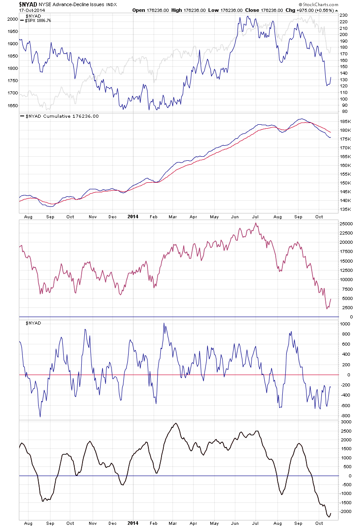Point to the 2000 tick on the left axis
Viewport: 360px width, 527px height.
pyautogui.click(x=12, y=19)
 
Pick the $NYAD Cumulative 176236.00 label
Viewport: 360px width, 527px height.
pyautogui.click(x=61, y=116)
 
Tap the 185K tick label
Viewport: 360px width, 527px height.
pyautogui.click(x=345, y=121)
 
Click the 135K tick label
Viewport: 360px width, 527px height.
pyautogui.click(x=345, y=209)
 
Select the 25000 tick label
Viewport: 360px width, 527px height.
pyautogui.click(x=346, y=224)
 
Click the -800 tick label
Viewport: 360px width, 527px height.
pyautogui.click(x=345, y=415)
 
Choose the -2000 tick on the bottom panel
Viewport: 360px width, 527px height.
pyautogui.click(x=346, y=511)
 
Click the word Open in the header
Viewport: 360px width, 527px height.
pyautogui.click(x=139, y=10)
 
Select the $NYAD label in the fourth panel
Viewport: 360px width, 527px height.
pyautogui.click(x=34, y=323)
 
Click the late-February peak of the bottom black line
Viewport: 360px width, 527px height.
pyautogui.click(x=175, y=423)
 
